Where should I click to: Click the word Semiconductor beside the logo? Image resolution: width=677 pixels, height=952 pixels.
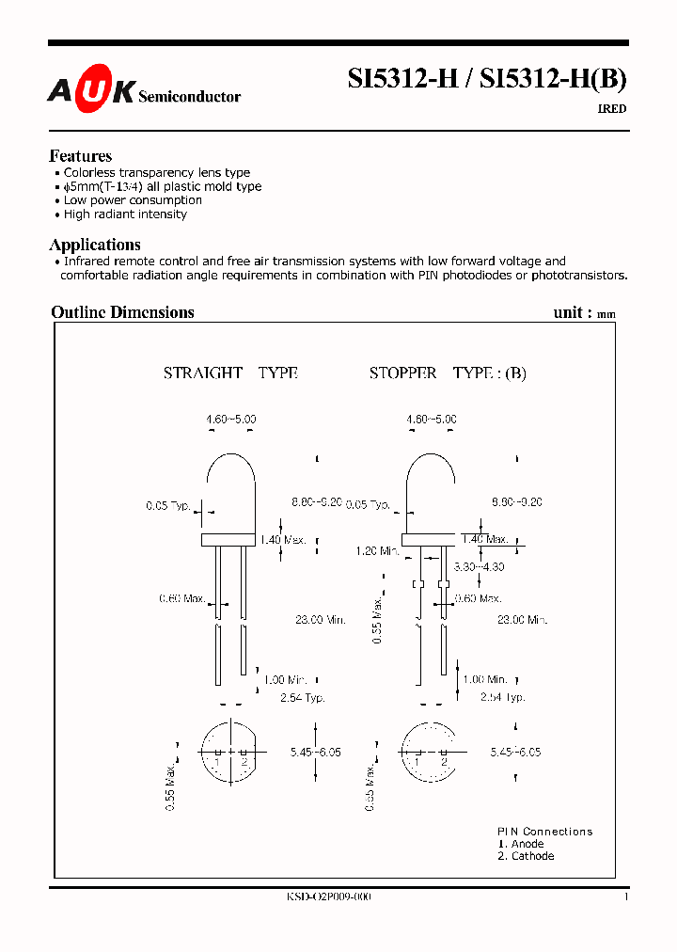190,97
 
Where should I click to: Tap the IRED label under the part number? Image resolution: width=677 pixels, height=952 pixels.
612,109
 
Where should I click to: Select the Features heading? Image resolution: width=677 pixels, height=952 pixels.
80,156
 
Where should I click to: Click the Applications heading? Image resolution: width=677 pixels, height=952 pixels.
95,245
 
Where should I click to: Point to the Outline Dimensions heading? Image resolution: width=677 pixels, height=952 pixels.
122,312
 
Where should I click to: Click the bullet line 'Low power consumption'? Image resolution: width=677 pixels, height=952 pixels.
133,200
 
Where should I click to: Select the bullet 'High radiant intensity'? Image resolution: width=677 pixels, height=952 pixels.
125,214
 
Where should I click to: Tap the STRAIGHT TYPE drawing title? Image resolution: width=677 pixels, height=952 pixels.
230,373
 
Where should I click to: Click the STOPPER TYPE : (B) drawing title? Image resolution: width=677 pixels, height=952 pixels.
448,373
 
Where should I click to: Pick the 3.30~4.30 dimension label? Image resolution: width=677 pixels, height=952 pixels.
478,567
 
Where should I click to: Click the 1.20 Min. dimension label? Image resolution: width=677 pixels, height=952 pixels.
378,551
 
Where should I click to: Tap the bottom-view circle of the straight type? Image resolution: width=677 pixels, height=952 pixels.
230,753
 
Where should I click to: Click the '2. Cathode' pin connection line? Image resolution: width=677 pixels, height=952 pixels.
526,856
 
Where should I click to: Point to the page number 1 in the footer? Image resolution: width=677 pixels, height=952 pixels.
625,897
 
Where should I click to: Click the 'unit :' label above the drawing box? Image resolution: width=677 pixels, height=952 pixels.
572,312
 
